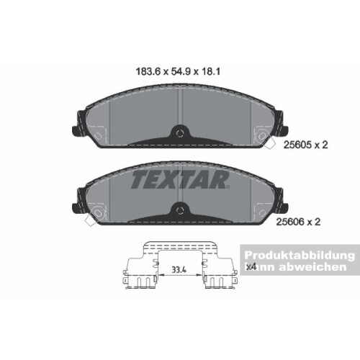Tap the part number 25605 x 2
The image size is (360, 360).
tap(305, 144)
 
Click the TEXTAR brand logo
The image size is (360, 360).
tap(180, 179)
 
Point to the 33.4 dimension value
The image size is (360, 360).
tap(179, 271)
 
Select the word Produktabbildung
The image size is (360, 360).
tap(297, 256)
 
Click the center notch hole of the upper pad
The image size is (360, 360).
tap(180, 132)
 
